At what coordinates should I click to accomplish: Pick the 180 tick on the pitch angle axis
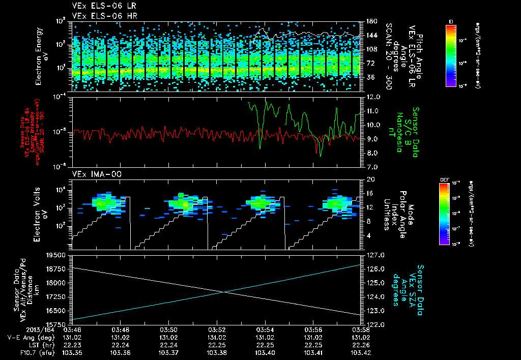pos(371,21)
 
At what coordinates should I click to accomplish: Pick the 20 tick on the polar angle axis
pos(370,179)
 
